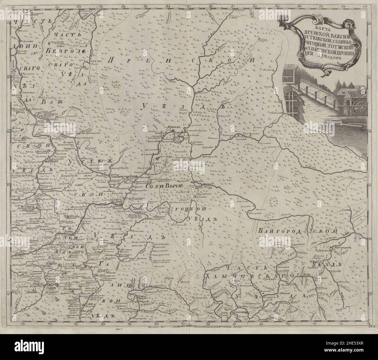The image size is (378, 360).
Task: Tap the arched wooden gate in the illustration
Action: point(291,103)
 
